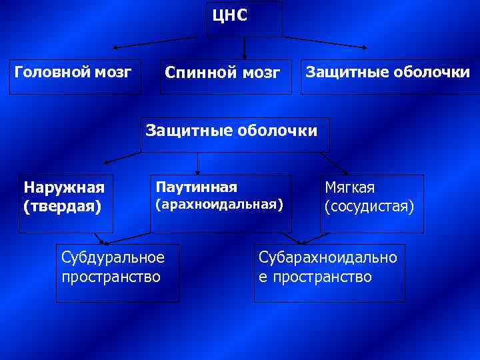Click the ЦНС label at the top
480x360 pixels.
230,15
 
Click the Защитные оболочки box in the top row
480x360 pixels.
387,71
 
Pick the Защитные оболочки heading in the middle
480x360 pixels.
231,130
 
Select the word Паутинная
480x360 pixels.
196,186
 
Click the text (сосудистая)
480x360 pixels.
369,206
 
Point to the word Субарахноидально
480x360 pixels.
328,257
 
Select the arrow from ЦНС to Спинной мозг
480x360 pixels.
245,48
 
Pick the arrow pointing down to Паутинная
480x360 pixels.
197,163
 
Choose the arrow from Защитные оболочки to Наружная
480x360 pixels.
123,157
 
